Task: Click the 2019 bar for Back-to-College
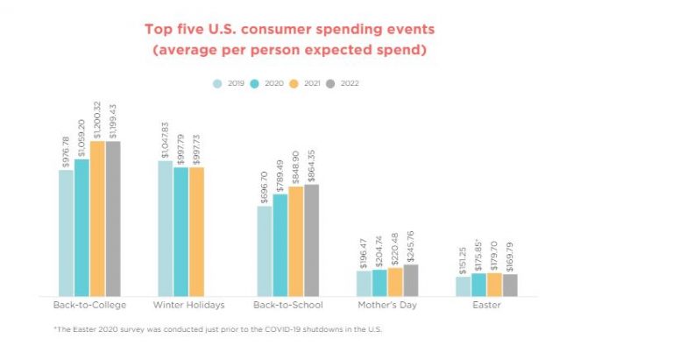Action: [x=66, y=232]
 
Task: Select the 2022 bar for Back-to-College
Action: [x=113, y=218]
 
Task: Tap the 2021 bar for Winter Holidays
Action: [x=196, y=231]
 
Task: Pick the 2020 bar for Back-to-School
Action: [x=280, y=244]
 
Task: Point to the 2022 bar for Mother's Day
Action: [x=411, y=280]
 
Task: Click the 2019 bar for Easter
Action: [x=463, y=286]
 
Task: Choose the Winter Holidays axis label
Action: [x=188, y=305]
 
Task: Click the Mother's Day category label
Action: [x=387, y=305]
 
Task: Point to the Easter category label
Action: [x=486, y=305]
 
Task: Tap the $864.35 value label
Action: [x=311, y=163]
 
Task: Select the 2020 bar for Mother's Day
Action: [x=379, y=283]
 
